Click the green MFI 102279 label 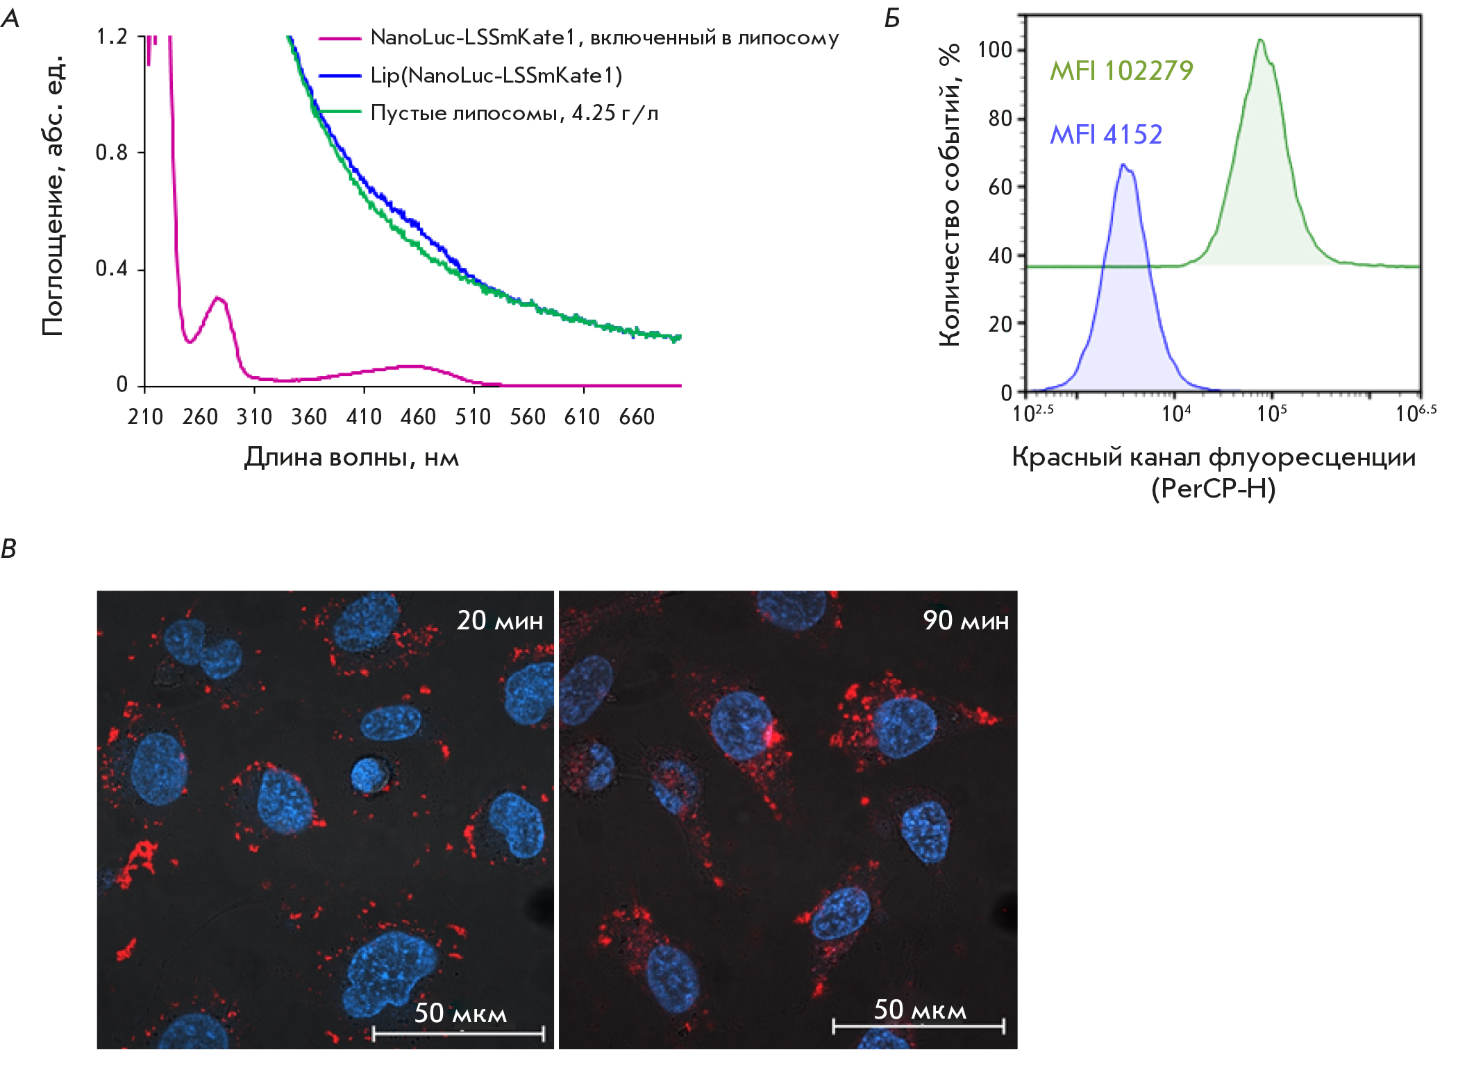[x=1121, y=70]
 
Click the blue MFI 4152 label [x=1105, y=134]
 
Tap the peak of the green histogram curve [x=1260, y=40]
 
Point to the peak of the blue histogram [x=1123, y=165]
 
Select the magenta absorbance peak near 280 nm [x=218, y=298]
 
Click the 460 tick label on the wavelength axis [x=418, y=417]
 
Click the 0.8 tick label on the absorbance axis [x=112, y=153]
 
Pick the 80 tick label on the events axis [x=1000, y=119]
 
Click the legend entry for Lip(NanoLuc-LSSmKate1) [x=496, y=75]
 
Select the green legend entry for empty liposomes [x=514, y=112]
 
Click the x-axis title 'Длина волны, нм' [x=351, y=457]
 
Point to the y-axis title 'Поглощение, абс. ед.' [x=53, y=196]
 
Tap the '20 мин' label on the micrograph [x=499, y=620]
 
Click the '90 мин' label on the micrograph [x=965, y=620]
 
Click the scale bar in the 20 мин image [x=458, y=1034]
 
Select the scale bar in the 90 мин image [x=918, y=1026]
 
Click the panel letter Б [x=892, y=19]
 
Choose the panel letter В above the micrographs [x=9, y=549]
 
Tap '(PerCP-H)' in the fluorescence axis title [x=1213, y=489]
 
